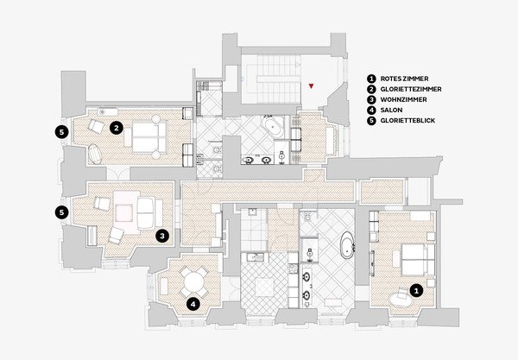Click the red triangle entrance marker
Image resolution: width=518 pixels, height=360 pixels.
[x=311, y=86]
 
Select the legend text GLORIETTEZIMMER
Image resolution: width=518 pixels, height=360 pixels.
[x=411, y=89]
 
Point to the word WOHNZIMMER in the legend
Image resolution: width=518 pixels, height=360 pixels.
[x=403, y=99]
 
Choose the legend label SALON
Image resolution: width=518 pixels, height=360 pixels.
[x=391, y=110]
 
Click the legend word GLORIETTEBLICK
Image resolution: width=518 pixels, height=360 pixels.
[x=407, y=121]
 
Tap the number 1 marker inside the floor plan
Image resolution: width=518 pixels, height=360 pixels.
[x=416, y=291]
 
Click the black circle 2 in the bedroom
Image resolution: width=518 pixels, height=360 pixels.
[x=117, y=128]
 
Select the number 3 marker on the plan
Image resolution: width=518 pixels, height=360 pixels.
[x=162, y=236]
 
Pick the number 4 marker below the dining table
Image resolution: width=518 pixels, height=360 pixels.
[x=193, y=304]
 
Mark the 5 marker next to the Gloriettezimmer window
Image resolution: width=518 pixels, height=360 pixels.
[x=62, y=132]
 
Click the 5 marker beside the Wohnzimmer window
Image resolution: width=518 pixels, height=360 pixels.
[x=62, y=212]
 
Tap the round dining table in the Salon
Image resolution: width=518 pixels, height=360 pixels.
[x=194, y=282]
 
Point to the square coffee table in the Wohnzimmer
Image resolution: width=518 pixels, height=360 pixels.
[x=124, y=213]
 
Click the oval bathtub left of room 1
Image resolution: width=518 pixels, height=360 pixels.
[x=347, y=245]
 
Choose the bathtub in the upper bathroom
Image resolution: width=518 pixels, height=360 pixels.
[x=272, y=127]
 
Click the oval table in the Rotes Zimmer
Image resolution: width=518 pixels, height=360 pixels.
[x=401, y=300]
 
